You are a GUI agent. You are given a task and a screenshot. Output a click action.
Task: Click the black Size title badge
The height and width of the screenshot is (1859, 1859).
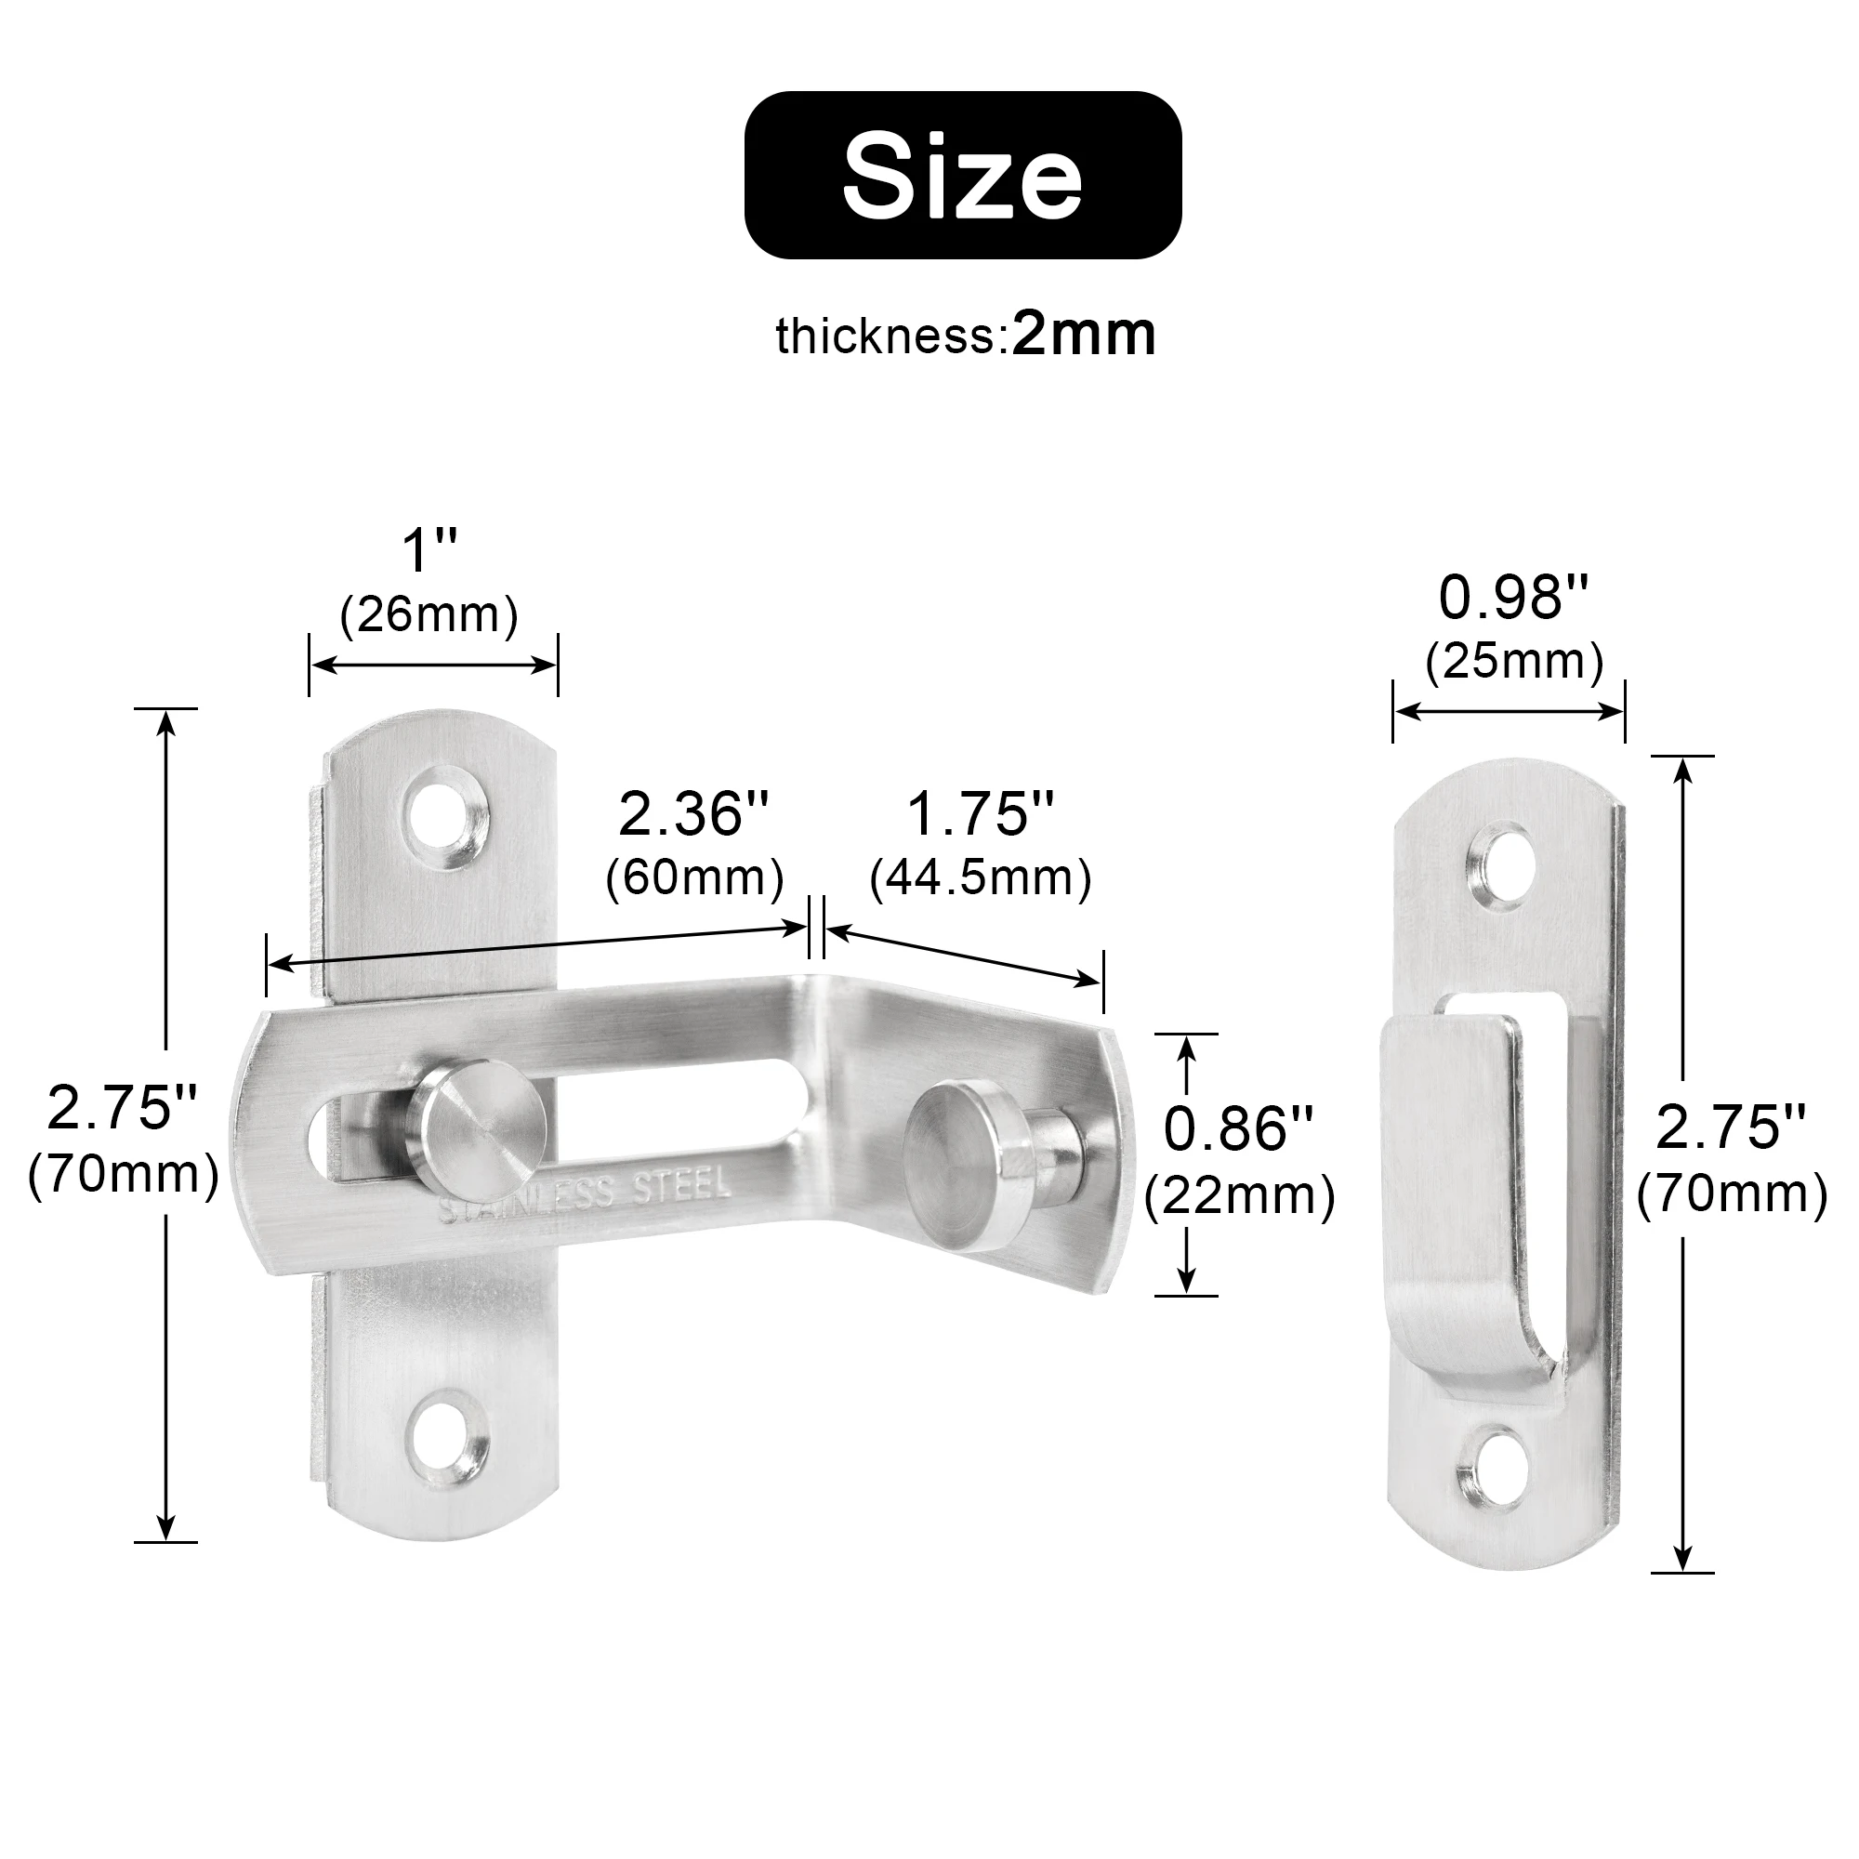click(962, 175)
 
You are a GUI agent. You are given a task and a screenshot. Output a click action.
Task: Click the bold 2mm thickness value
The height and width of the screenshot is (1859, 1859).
click(1084, 335)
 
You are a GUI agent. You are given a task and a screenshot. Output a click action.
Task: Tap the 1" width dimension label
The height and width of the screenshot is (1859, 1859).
click(429, 550)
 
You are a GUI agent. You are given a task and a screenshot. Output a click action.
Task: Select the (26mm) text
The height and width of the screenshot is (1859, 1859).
click(429, 613)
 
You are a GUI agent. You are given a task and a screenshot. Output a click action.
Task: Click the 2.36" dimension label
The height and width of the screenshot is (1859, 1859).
click(693, 813)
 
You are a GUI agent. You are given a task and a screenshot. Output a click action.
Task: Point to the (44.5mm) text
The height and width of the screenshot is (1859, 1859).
click(981, 877)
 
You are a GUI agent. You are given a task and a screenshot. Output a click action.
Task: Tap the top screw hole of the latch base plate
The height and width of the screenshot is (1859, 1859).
click(443, 815)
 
